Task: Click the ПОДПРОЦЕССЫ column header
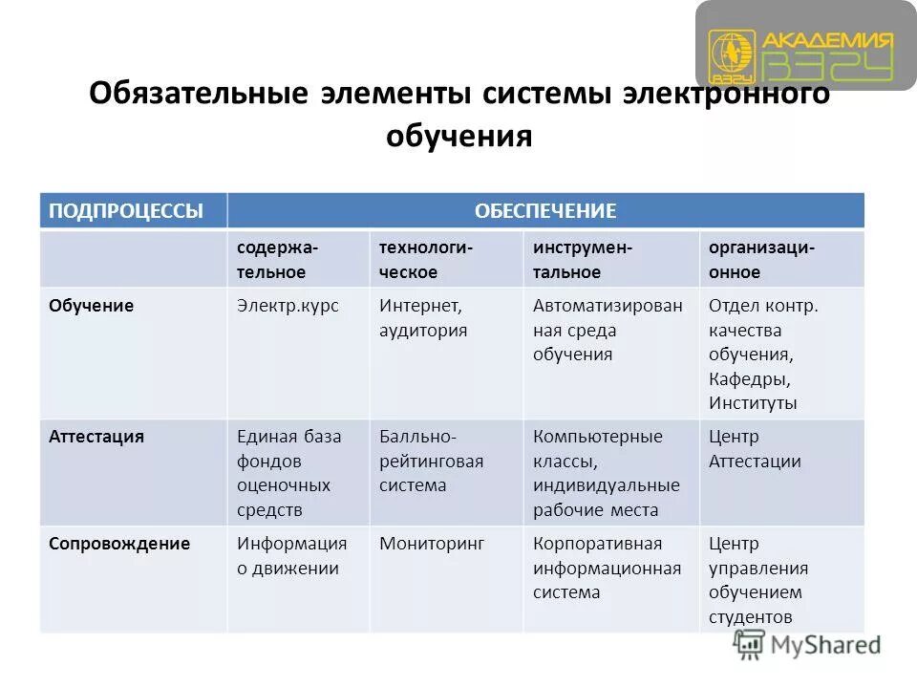127,211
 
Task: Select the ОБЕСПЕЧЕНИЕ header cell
545,211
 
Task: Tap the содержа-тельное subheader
279,259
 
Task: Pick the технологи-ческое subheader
426,259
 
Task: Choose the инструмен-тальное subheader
583,259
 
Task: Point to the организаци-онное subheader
761,259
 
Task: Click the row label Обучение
92,306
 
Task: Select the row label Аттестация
96,437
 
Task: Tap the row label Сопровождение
119,544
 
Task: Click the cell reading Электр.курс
288,306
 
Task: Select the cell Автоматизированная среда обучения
608,330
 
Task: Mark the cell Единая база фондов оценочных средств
288,473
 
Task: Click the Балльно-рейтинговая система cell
432,461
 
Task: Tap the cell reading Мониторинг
432,544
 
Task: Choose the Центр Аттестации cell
755,449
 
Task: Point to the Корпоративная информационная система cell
608,568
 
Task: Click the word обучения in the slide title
458,137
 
